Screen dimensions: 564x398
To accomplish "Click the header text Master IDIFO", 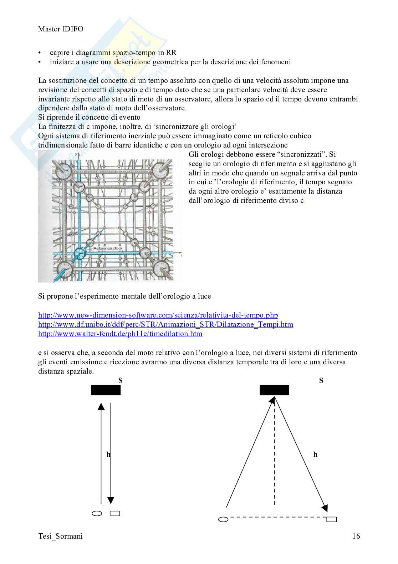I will (61, 29).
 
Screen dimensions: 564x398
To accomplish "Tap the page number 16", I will (356, 536).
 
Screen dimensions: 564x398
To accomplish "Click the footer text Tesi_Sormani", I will (60, 536).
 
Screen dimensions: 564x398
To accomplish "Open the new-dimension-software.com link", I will (158, 315).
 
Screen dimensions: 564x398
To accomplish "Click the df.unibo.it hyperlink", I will (165, 324).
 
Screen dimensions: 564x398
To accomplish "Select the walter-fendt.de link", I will (120, 334).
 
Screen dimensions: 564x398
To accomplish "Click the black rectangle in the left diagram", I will (106, 390).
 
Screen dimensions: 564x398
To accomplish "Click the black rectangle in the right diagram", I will (274, 390).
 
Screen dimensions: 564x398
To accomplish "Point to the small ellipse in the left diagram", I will (97, 514).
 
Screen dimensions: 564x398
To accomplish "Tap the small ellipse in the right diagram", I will (223, 519).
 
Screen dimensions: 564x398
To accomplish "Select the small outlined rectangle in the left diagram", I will (115, 514).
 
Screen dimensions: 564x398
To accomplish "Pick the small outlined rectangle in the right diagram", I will (332, 519).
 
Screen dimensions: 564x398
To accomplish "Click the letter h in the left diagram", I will (108, 455).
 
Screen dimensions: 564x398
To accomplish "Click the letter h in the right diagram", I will (315, 455).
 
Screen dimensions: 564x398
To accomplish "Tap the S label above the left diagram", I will (120, 380).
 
